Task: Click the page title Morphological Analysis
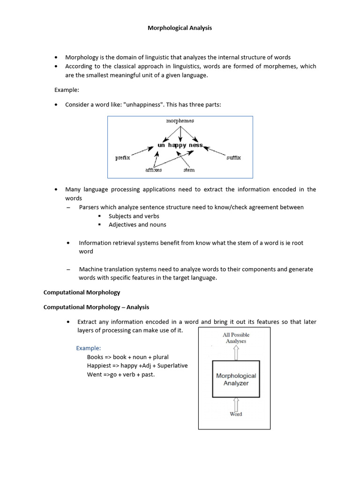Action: pos(180,28)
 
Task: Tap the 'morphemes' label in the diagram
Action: pos(180,121)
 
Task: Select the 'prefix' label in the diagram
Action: pos(122,158)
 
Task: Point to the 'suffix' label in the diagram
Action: pos(233,158)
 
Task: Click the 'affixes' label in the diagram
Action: pos(153,170)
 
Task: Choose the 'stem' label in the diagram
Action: pos(189,170)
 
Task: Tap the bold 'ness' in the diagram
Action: pos(196,145)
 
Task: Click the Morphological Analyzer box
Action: pos(236,379)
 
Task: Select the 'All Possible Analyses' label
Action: pos(236,338)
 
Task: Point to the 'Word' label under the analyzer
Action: pos(236,414)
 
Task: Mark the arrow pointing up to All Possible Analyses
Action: pos(236,353)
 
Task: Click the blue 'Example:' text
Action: pos(89,348)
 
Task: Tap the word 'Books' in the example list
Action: pos(95,357)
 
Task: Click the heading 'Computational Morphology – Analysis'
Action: pos(96,307)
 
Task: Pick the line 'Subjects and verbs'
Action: pos(134,216)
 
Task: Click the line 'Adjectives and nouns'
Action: pos(137,225)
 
